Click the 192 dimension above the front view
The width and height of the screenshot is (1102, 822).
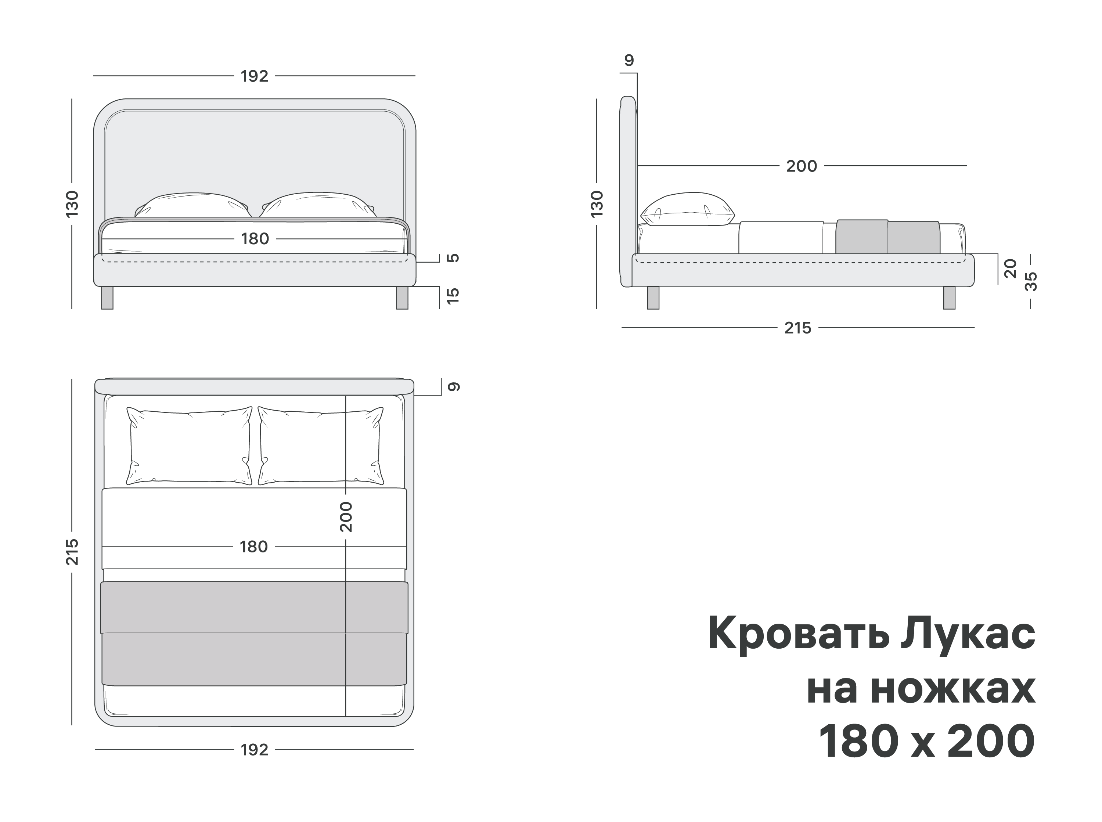pyautogui.click(x=254, y=76)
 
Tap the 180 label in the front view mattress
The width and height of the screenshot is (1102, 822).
pyautogui.click(x=255, y=239)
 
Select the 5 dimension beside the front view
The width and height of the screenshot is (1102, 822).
pyautogui.click(x=453, y=258)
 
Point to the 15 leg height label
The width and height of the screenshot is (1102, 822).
pyautogui.click(x=453, y=296)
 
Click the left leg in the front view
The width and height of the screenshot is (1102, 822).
pyautogui.click(x=107, y=298)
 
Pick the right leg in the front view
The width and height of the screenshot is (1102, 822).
pyautogui.click(x=402, y=298)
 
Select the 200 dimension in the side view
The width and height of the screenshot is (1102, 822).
pyautogui.click(x=801, y=166)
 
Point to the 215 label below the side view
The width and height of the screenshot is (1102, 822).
pyautogui.click(x=797, y=328)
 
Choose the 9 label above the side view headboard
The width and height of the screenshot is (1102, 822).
pyautogui.click(x=629, y=60)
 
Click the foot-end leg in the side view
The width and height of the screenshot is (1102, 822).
pyautogui.click(x=949, y=298)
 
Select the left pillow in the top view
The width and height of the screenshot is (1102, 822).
pyautogui.click(x=189, y=446)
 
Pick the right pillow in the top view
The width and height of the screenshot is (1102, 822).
pyautogui.click(x=321, y=446)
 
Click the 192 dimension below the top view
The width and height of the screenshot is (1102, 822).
pyautogui.click(x=254, y=749)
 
